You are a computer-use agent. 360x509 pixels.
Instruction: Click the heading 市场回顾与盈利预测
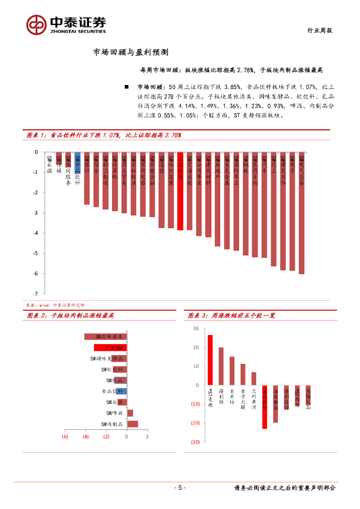pos(131,52)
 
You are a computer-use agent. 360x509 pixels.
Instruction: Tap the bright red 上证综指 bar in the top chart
pos(181,191)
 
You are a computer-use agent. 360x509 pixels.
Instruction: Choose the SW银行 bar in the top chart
pos(87,178)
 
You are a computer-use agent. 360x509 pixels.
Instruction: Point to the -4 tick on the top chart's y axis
pos(35,233)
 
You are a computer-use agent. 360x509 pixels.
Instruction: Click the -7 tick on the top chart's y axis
pos(35,294)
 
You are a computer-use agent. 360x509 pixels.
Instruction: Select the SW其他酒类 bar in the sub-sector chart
pos(105,337)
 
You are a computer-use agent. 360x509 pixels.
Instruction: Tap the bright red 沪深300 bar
pos(110,347)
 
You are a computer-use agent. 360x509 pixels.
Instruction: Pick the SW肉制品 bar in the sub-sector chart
pos(132,424)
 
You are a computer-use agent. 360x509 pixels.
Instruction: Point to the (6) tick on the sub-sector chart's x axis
pos(65,436)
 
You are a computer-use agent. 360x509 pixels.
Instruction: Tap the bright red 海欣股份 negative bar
pos(265,407)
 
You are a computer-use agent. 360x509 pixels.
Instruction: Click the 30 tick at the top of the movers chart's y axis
pos(195,329)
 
